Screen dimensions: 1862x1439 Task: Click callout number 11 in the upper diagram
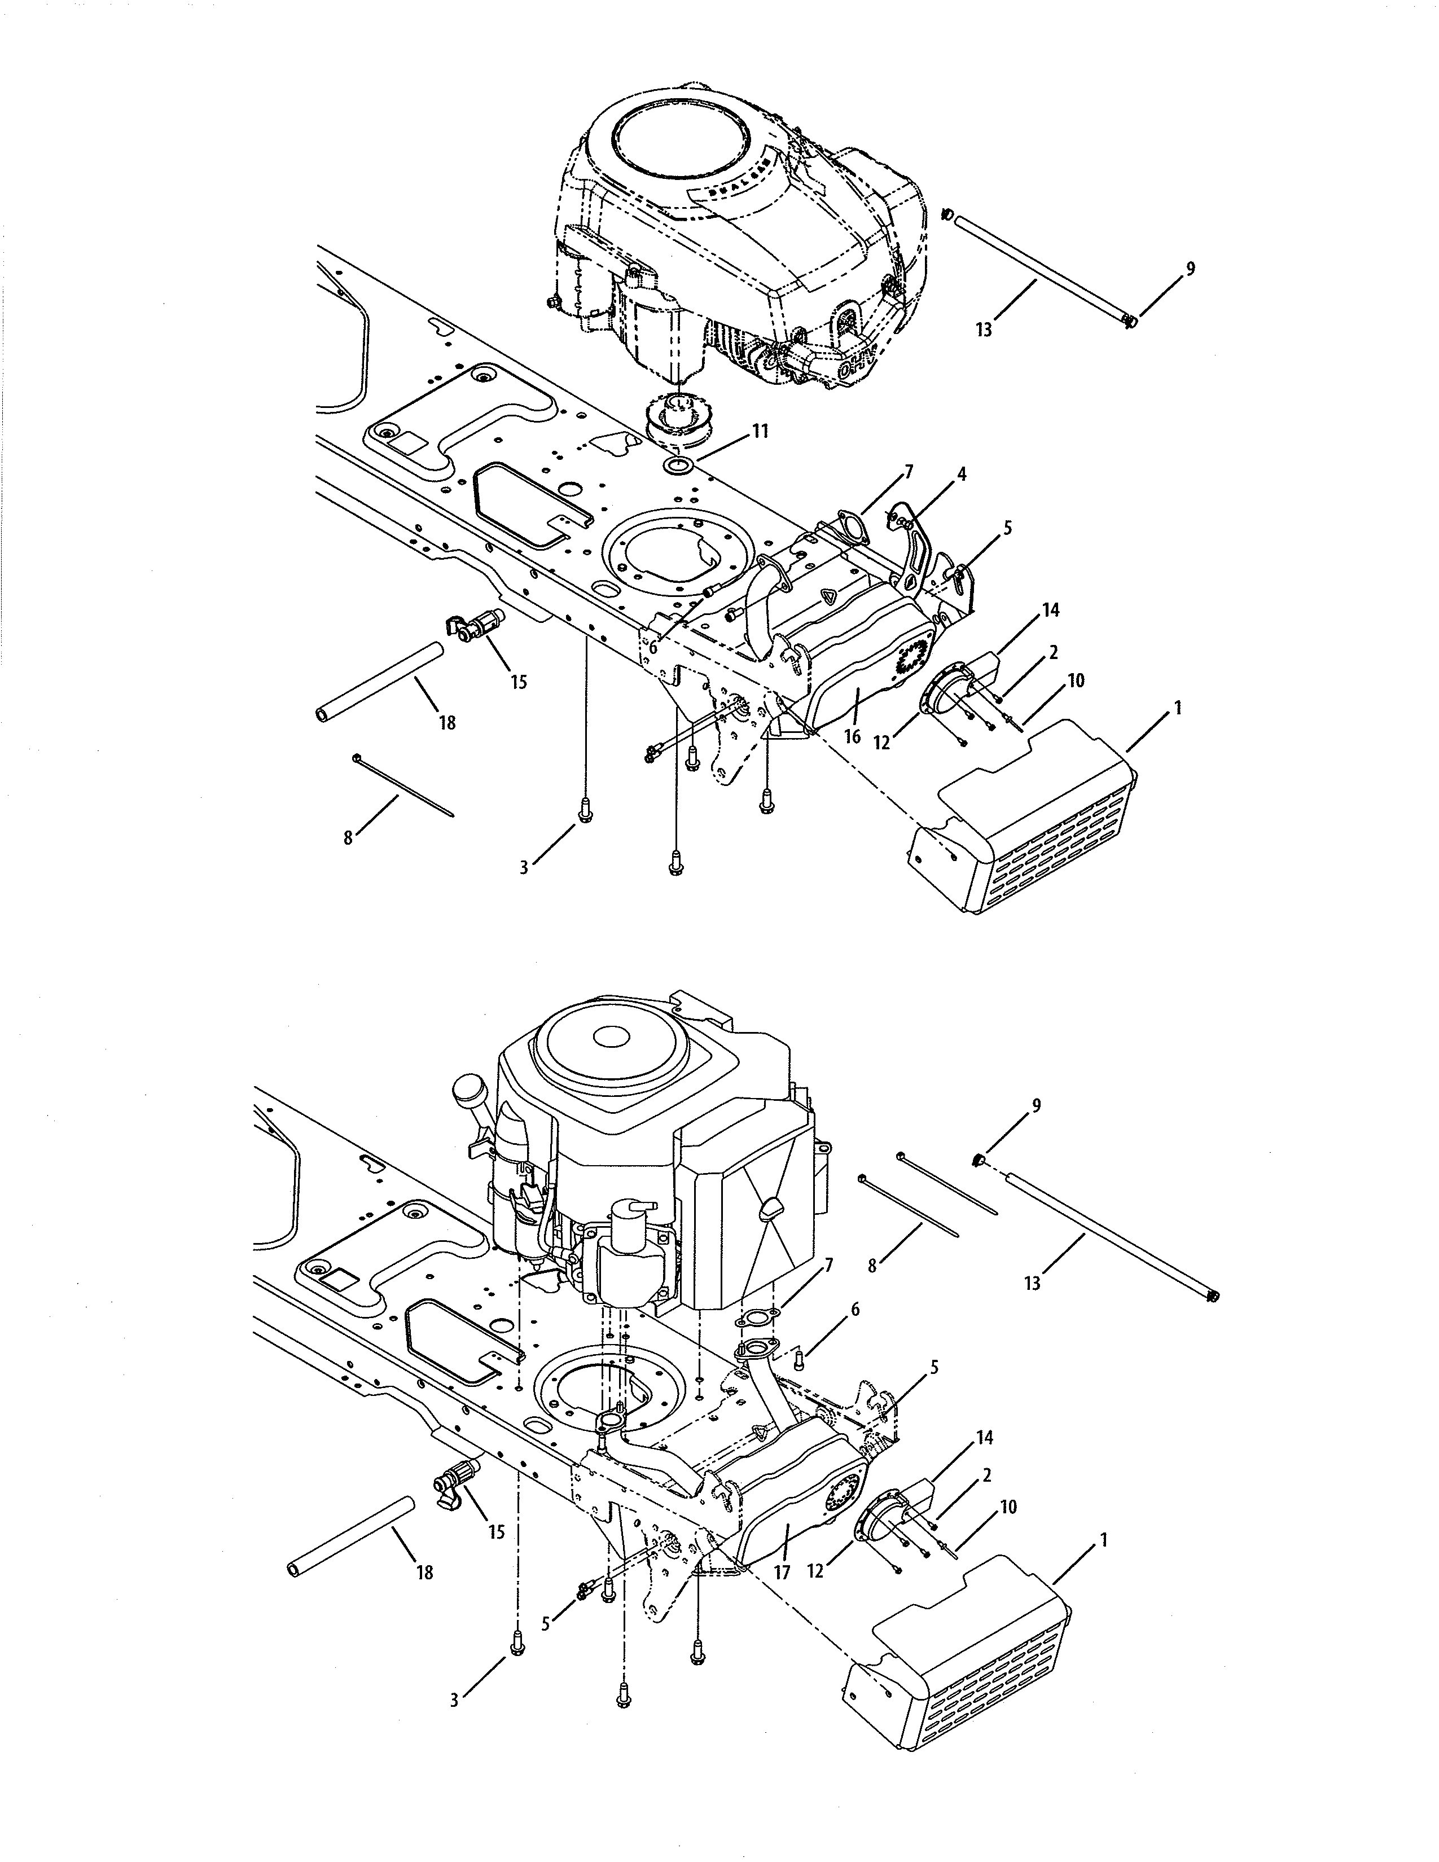(x=760, y=432)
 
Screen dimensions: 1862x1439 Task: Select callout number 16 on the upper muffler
(x=852, y=736)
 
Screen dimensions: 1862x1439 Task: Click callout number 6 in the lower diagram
(x=855, y=1308)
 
